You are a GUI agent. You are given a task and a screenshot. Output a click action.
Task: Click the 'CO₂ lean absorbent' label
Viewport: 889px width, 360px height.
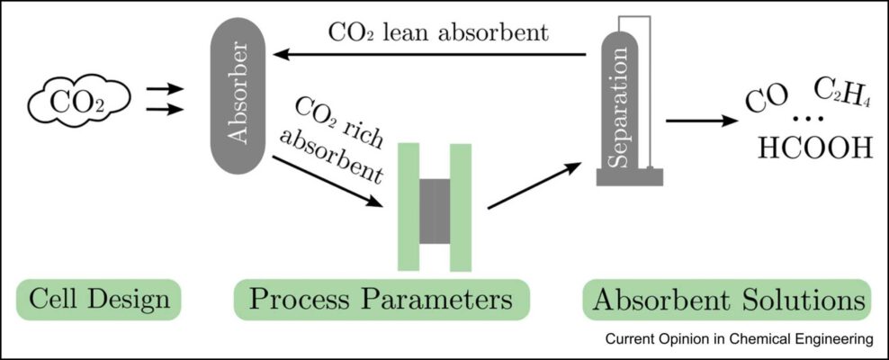click(x=437, y=32)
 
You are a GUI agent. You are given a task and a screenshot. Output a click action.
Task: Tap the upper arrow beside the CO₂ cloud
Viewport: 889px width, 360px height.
click(x=165, y=90)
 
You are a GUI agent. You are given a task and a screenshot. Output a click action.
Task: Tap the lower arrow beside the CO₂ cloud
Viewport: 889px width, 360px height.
click(x=165, y=111)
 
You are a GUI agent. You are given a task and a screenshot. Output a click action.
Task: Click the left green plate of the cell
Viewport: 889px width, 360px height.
click(x=409, y=206)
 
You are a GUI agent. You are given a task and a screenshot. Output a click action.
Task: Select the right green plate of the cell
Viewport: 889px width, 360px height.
click(x=461, y=206)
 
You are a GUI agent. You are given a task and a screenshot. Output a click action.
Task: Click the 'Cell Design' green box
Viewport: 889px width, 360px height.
click(x=98, y=300)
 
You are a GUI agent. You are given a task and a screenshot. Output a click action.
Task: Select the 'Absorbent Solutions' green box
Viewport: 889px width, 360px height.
click(x=728, y=300)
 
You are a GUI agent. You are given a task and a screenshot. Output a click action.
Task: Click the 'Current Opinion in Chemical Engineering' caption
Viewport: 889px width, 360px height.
click(x=739, y=339)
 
